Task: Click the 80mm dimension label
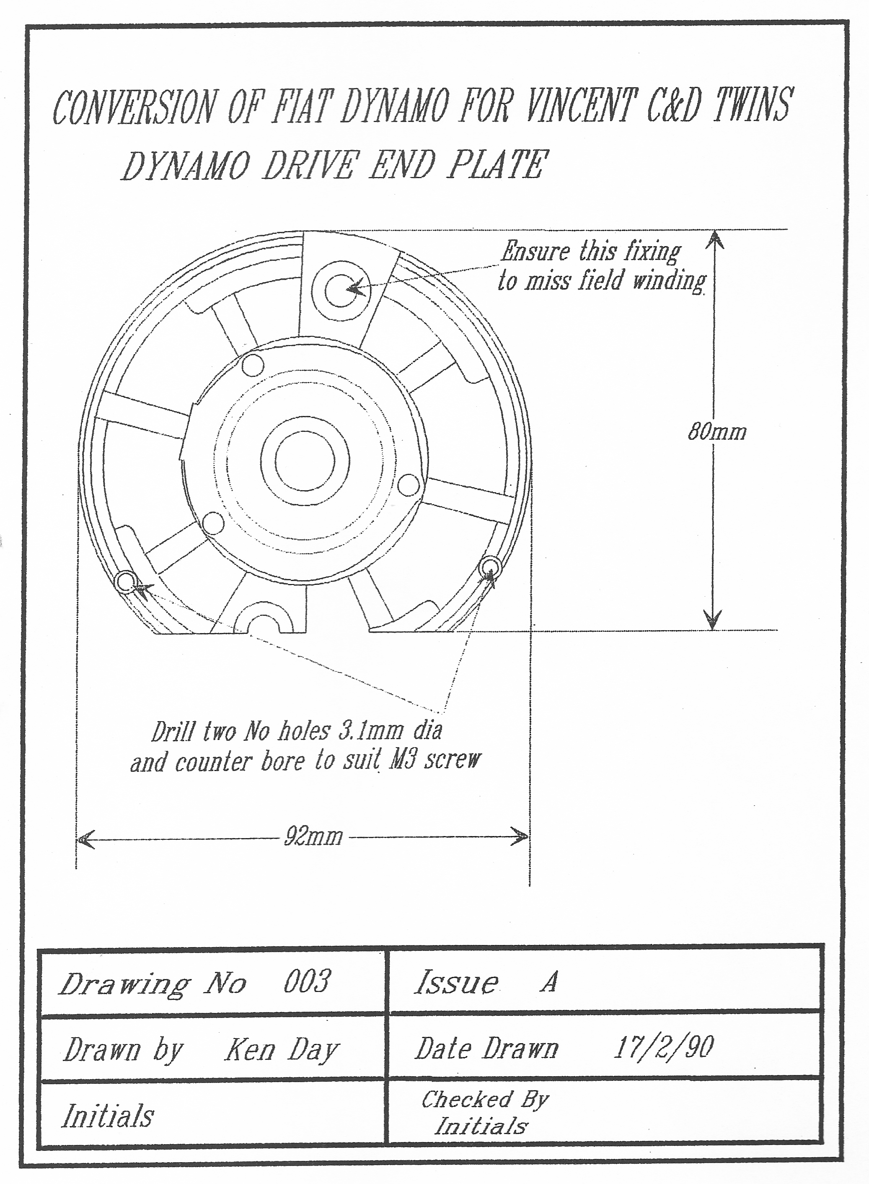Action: [x=717, y=432]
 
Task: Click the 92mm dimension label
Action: [x=313, y=836]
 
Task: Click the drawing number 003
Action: [x=308, y=981]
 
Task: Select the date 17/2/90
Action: [x=664, y=1047]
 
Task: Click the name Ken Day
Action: [x=282, y=1050]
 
